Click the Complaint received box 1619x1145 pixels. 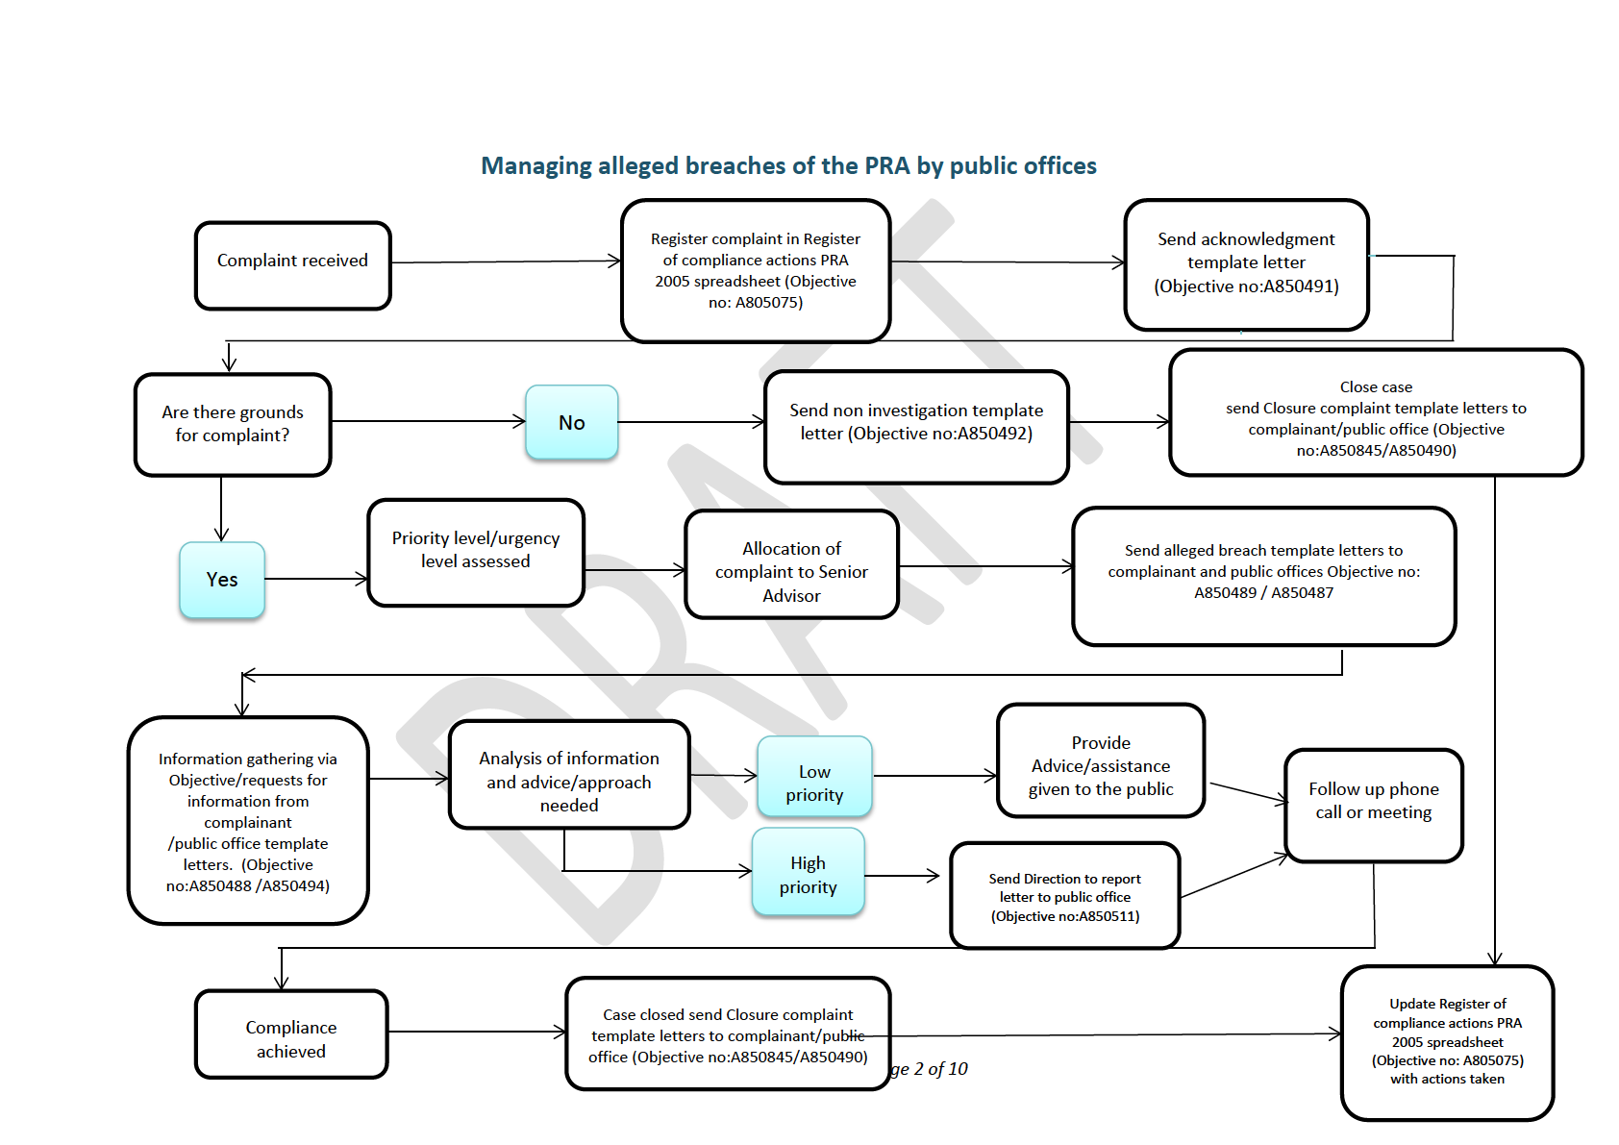tap(292, 265)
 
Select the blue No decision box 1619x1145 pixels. tap(571, 422)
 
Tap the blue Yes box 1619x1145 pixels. tap(222, 580)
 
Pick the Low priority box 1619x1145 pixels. tap(814, 776)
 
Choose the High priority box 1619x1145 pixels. tap(808, 872)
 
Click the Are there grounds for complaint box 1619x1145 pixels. tap(233, 424)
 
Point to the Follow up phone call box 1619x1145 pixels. tap(1373, 805)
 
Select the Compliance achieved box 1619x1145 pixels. tap(291, 1033)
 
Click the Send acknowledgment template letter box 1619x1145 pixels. tap(1246, 264)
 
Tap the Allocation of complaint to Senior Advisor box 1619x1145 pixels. tap(791, 564)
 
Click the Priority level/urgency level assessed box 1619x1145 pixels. tap(475, 553)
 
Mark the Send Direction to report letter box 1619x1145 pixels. tap(1064, 895)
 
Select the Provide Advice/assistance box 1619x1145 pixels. tap(1101, 760)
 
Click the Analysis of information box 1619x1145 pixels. tap(569, 775)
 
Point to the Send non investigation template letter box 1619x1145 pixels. tap(916, 426)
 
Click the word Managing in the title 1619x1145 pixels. tap(536, 166)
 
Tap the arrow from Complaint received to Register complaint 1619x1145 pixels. tap(506, 261)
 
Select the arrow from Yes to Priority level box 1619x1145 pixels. tap(316, 579)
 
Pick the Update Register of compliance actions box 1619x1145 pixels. tap(1447, 1042)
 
